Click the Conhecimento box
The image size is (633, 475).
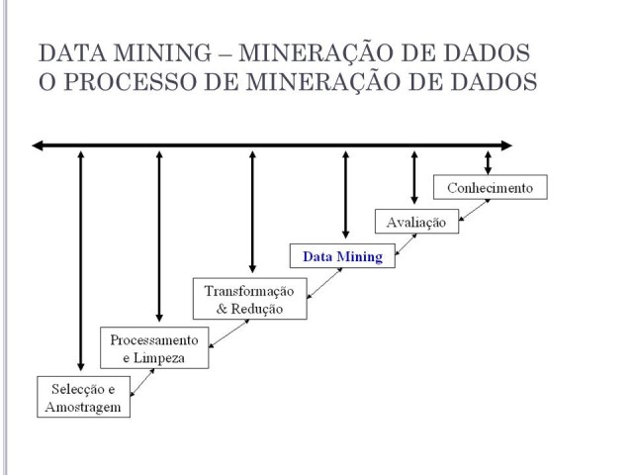[491, 187]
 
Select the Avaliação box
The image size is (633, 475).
[416, 222]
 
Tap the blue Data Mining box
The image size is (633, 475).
[342, 255]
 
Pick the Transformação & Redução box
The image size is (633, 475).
[250, 299]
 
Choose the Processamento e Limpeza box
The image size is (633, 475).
[154, 347]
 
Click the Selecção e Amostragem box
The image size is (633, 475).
[83, 397]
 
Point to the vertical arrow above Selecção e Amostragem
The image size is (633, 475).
[81, 261]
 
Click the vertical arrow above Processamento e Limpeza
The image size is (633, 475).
[159, 237]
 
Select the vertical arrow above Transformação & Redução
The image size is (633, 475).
[253, 212]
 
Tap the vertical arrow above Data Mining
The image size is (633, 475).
[345, 195]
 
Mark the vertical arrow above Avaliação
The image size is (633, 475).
[414, 177]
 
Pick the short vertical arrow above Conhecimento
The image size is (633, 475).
[488, 162]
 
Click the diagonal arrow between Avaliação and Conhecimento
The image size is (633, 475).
[475, 210]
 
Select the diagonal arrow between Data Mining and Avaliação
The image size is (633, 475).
[406, 244]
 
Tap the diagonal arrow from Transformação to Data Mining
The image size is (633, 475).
[324, 284]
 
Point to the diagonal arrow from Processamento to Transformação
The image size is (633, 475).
[228, 333]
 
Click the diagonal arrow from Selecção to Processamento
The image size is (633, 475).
[142, 383]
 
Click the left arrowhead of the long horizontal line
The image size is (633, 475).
[38, 145]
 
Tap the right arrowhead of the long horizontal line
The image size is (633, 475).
[506, 145]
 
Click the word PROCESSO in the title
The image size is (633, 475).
[131, 81]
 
